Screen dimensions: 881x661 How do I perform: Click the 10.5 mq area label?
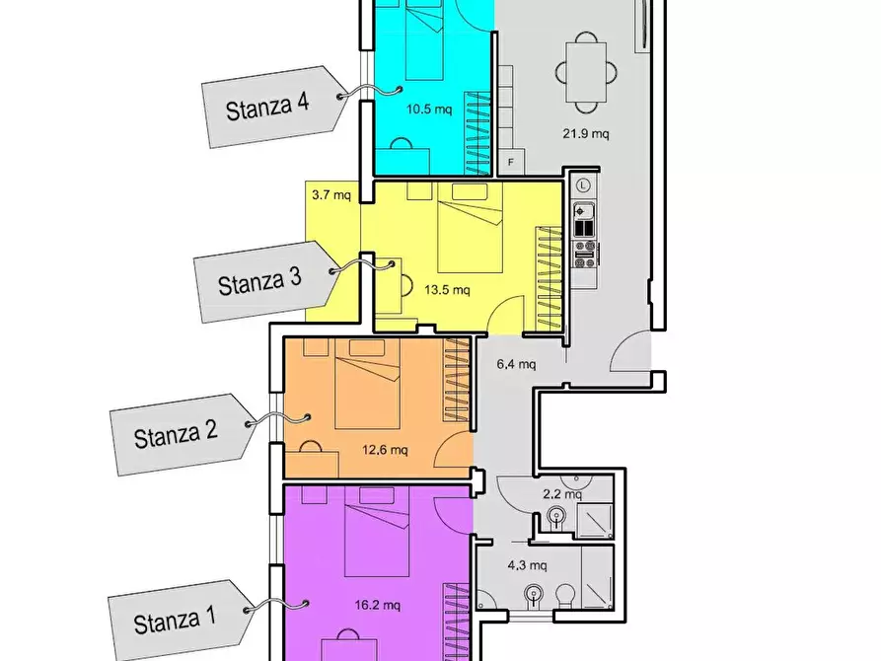(x=429, y=110)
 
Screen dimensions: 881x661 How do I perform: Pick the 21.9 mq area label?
(x=586, y=134)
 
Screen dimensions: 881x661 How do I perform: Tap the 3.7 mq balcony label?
(x=331, y=195)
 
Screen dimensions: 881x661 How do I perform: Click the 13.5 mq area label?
(x=447, y=290)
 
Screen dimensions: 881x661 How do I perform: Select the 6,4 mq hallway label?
(x=516, y=364)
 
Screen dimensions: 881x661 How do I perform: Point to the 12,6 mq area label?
(x=385, y=450)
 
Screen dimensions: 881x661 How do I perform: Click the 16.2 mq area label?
(x=378, y=606)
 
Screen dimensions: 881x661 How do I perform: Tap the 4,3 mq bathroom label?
(x=528, y=565)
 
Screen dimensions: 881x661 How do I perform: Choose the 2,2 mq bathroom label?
(x=562, y=494)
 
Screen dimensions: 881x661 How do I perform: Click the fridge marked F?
(x=511, y=162)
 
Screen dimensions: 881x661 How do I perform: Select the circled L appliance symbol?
(x=584, y=185)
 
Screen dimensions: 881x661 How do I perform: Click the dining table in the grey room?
(x=587, y=72)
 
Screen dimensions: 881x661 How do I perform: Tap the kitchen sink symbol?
(x=584, y=211)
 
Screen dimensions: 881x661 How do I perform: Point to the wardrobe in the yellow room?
(x=549, y=279)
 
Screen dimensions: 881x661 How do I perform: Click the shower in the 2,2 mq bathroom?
(x=595, y=521)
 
